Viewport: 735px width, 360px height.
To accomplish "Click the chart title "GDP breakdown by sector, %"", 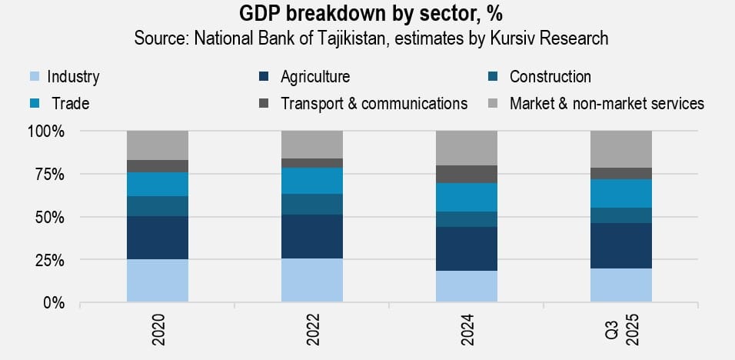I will [x=367, y=15].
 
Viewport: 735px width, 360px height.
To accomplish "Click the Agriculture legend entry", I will [x=314, y=77].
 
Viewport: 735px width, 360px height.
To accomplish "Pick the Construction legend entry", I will [x=550, y=77].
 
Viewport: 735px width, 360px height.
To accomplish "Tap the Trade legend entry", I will [x=70, y=103].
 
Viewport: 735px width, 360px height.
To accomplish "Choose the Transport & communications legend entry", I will [x=374, y=103].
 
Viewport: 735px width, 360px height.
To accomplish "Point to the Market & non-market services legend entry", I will [x=607, y=103].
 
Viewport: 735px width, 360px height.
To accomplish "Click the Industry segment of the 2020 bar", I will [x=158, y=281].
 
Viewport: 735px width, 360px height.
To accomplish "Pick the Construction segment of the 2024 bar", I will [x=467, y=219].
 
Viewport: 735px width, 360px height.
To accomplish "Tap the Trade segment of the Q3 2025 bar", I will [x=621, y=193].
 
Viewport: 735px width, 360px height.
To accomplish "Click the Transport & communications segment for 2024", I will [x=467, y=174].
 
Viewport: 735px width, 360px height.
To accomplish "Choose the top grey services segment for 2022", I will [x=311, y=145].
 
